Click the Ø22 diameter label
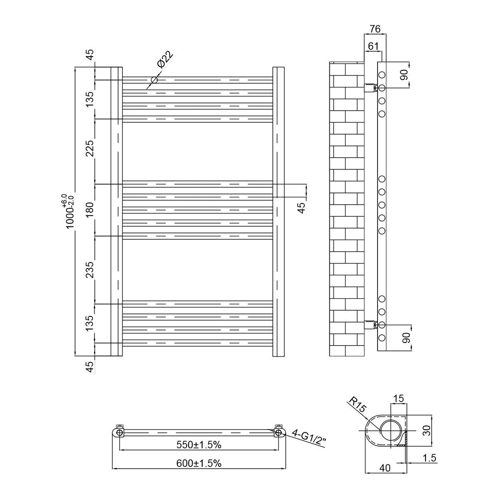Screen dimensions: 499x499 (165, 59)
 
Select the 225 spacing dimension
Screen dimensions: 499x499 (90, 148)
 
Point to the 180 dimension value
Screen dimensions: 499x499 (90, 210)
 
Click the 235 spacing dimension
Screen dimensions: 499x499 (90, 270)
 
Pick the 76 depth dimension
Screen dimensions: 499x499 (375, 29)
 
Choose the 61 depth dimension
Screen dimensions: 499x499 (373, 46)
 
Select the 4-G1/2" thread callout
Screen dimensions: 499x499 (309, 440)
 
